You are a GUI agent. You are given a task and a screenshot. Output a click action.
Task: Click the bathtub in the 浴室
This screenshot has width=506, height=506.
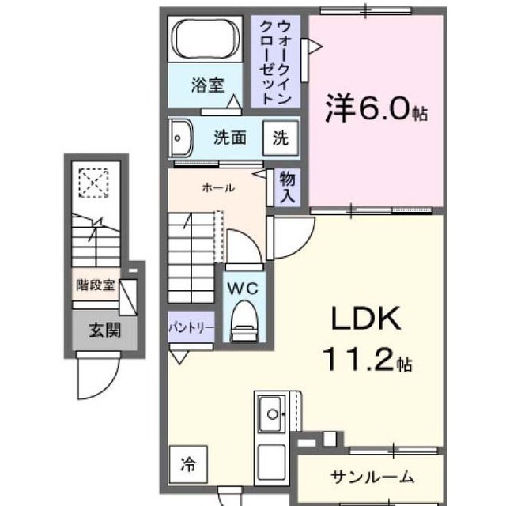(206, 39)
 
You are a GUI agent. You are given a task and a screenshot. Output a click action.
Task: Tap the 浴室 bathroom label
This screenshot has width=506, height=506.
(206, 86)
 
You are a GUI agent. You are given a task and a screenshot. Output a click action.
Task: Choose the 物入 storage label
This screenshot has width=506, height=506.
(285, 187)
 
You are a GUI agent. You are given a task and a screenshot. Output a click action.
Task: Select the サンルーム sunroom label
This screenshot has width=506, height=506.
(372, 476)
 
